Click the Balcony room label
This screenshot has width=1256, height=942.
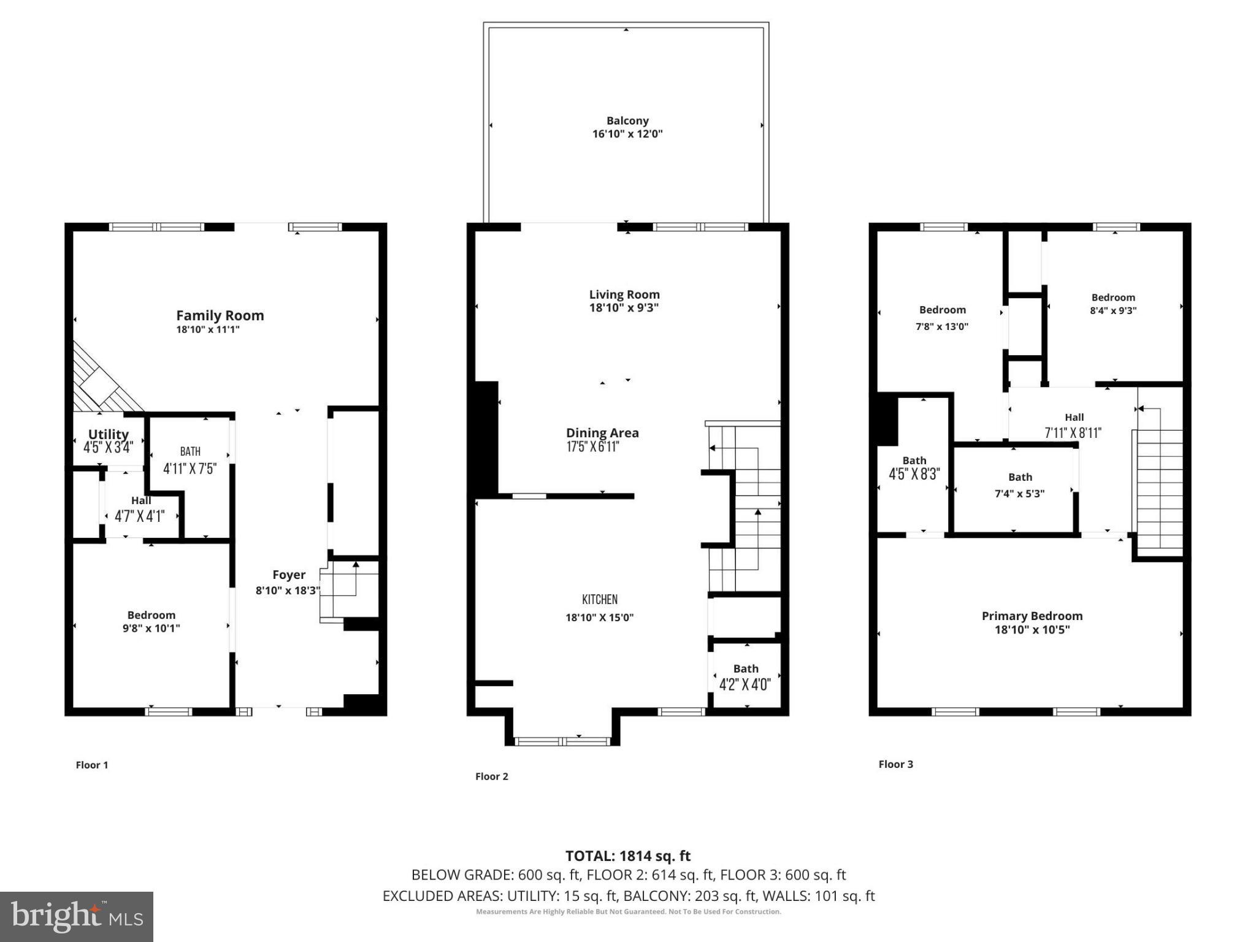[627, 121]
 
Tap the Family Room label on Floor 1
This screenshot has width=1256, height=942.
[220, 315]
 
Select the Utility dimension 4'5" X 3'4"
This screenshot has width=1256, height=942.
[109, 448]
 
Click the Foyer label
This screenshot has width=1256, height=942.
[289, 575]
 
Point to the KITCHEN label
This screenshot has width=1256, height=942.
[600, 599]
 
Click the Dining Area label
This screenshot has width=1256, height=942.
[602, 432]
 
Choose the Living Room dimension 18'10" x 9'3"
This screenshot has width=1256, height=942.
[624, 308]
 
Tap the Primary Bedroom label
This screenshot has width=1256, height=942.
[1032, 616]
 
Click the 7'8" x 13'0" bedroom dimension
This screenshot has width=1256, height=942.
[942, 326]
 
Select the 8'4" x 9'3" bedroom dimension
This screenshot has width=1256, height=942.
[1113, 310]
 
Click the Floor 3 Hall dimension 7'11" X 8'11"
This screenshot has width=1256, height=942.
[1073, 433]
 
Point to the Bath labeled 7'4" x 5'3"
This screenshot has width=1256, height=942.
[1020, 477]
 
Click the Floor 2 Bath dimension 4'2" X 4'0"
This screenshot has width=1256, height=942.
[745, 684]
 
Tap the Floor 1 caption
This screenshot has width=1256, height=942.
[92, 765]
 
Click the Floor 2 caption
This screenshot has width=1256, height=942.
[492, 776]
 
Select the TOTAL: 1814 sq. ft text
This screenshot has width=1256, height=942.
[627, 856]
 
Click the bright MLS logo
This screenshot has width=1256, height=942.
[77, 917]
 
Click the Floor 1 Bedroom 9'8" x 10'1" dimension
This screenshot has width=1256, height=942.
[151, 628]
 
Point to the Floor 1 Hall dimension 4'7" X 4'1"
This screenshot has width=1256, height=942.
[140, 516]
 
